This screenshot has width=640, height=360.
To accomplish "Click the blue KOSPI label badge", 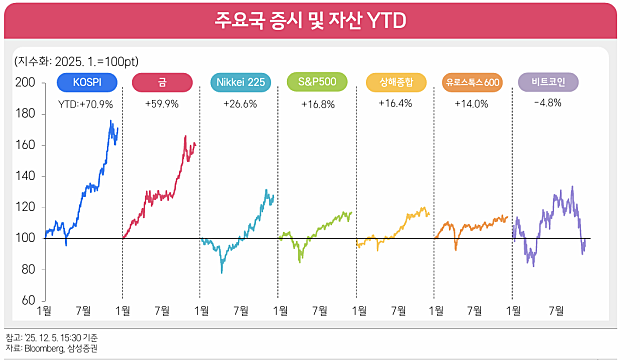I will pos(84,82).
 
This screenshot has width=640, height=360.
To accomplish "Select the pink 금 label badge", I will pos(161,82).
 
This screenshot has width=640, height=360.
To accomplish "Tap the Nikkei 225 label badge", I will pos(239,82).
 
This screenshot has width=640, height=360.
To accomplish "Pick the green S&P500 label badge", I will pos(317,82).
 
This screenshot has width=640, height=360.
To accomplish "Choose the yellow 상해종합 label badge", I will pos(395,82).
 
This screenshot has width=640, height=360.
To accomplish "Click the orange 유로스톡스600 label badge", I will pos(472,82).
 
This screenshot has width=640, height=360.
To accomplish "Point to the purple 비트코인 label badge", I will pos(549,82).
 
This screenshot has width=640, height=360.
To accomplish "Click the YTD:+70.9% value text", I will pos(85,103).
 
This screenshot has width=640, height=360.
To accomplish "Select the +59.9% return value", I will pos(161,103).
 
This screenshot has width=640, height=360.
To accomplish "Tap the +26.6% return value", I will pos(239,103).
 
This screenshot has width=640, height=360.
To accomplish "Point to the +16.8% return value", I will pos(317,103).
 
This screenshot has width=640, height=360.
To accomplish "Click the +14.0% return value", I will pos(472,103).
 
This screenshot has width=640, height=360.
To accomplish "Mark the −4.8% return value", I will pos(549,103).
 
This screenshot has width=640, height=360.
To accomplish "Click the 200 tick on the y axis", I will pos(30,83).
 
